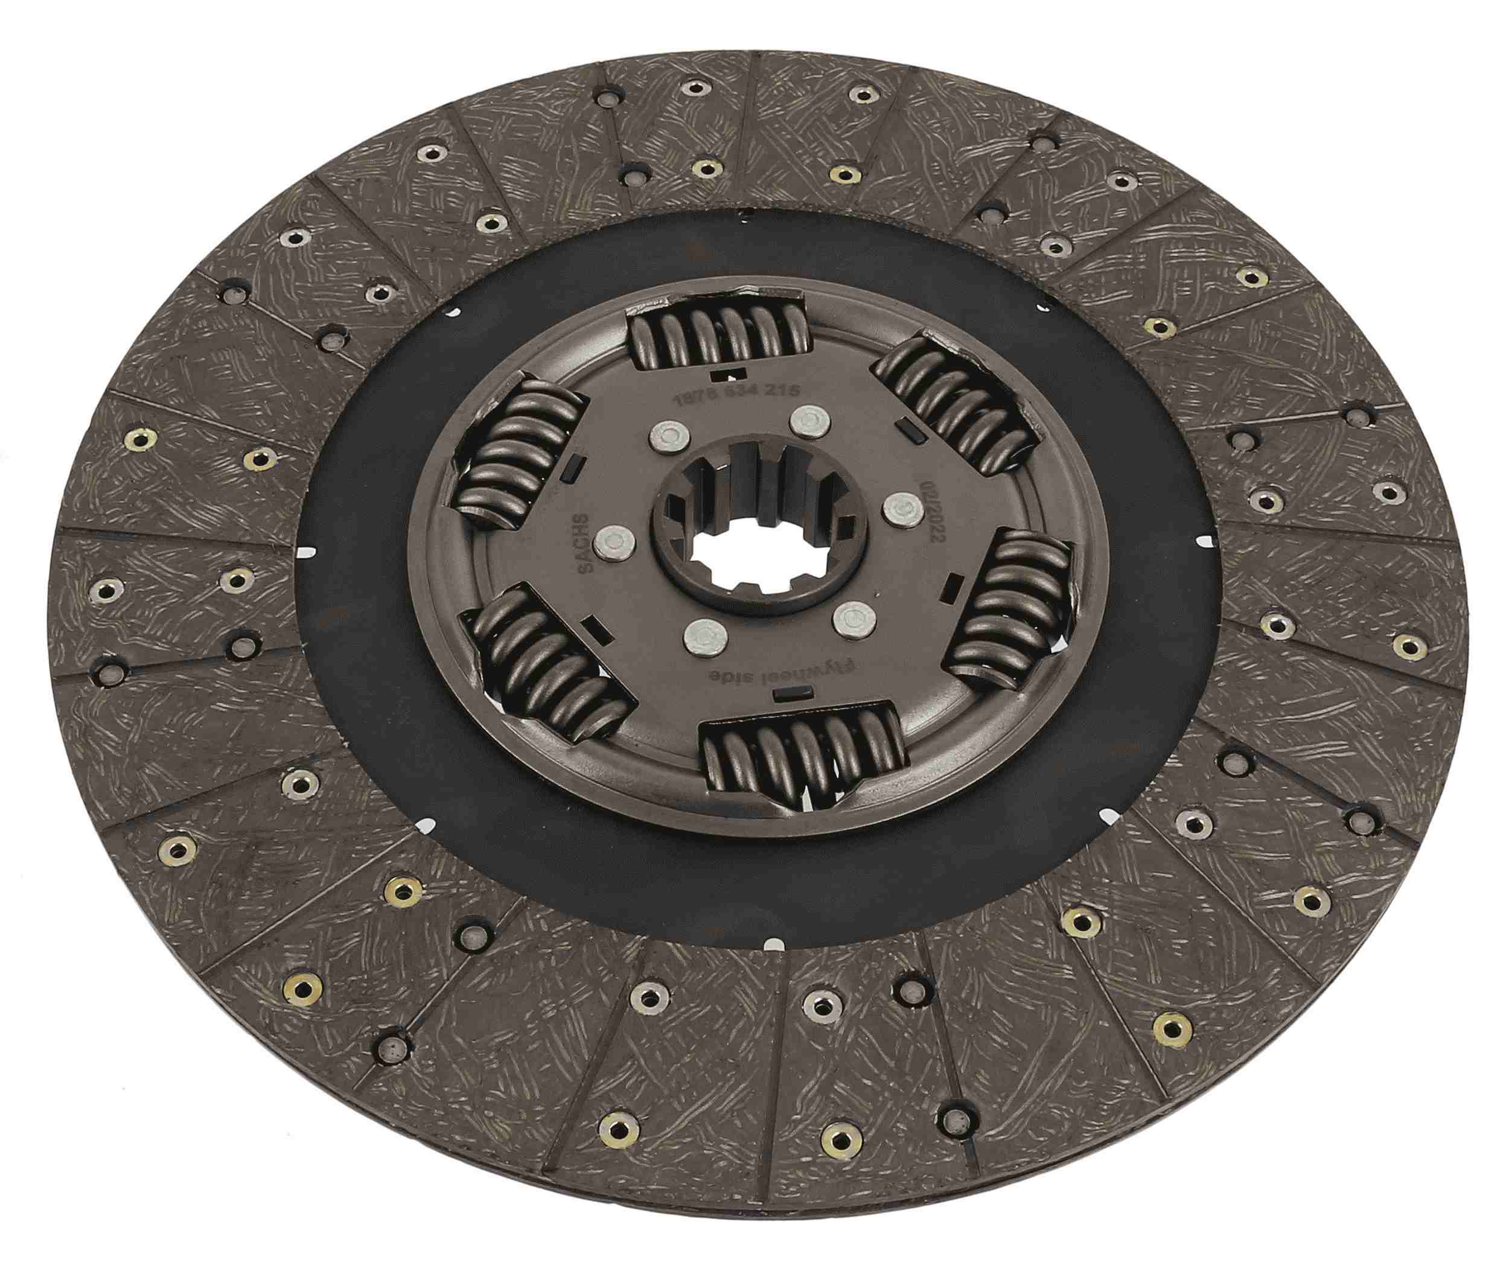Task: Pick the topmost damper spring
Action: tap(718, 334)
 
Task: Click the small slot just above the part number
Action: tap(728, 374)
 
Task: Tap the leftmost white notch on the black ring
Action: tap(308, 552)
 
